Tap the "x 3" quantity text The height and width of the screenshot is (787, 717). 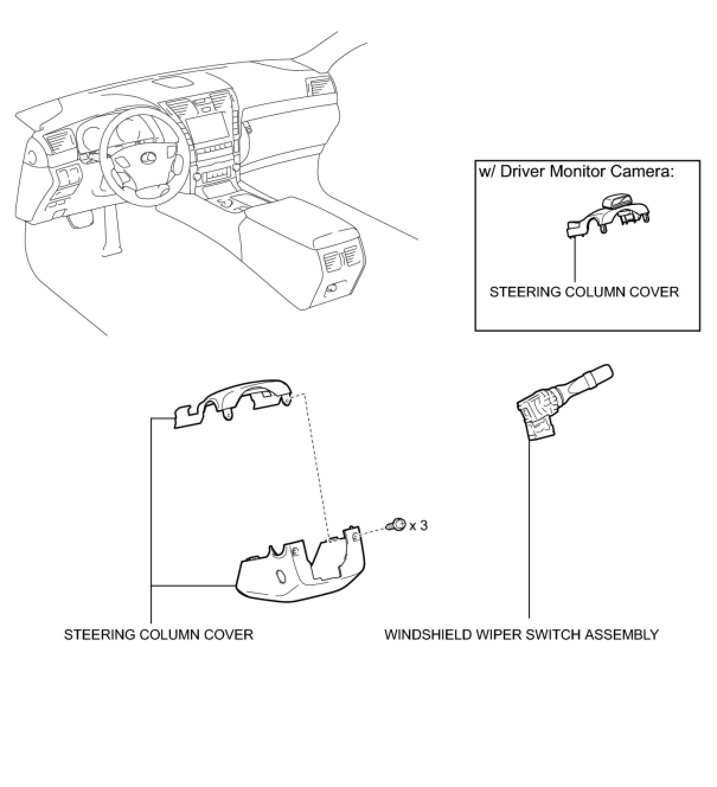(x=418, y=525)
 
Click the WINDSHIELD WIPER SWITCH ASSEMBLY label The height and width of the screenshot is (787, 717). (x=521, y=635)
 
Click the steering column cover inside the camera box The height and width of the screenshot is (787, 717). (x=607, y=219)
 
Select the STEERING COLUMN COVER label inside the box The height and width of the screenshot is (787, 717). (x=584, y=292)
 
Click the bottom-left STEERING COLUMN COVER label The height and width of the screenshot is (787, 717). (x=158, y=635)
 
